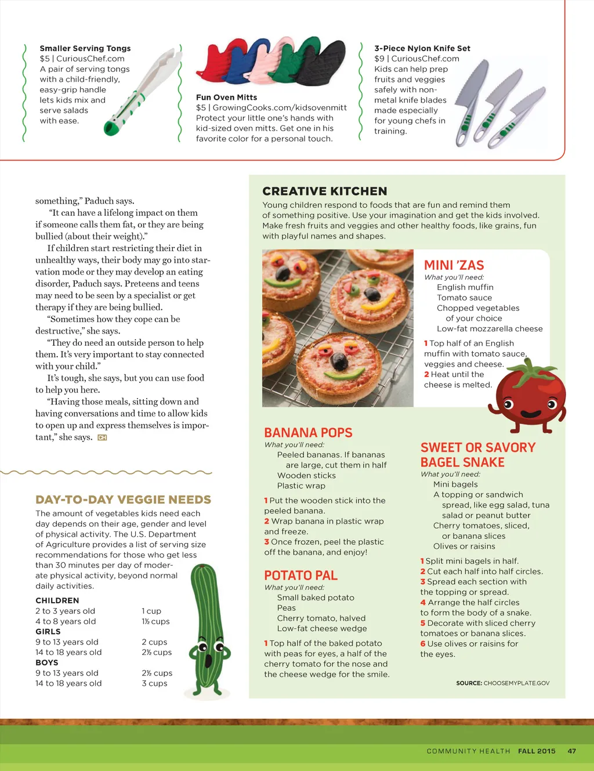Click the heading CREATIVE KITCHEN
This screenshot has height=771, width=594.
(324, 191)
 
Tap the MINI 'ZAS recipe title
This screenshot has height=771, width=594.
(454, 265)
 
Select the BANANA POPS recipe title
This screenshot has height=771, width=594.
(308, 433)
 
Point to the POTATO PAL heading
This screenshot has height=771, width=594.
(300, 575)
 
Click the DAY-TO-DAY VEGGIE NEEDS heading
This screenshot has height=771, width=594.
(123, 499)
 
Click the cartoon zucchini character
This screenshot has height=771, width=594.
(207, 629)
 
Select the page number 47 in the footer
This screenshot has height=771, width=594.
(572, 751)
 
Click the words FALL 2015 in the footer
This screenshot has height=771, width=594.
(537, 751)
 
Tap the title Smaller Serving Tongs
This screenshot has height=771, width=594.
(85, 48)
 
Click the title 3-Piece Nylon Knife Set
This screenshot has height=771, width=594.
(422, 48)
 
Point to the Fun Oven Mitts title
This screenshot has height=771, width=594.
(226, 97)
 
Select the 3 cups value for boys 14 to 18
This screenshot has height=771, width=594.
(154, 683)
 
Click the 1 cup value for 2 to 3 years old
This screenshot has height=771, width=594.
(151, 611)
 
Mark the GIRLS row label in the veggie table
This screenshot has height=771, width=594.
(48, 632)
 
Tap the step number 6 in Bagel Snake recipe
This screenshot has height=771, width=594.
(423, 644)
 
